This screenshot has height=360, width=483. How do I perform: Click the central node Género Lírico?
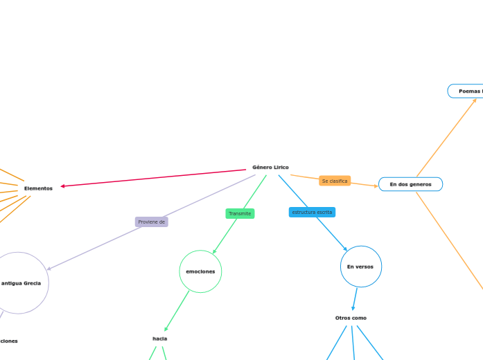[x=270, y=168]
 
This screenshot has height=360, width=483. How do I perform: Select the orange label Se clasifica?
[x=335, y=181]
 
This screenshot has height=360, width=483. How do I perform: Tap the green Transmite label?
[x=240, y=213]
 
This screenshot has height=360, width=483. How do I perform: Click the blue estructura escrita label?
[x=312, y=212]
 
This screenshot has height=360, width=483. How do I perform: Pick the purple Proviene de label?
[x=152, y=222]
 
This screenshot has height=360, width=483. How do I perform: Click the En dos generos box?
[x=410, y=184]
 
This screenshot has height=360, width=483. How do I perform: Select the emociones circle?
[x=200, y=271]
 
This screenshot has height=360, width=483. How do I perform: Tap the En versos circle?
[x=360, y=267]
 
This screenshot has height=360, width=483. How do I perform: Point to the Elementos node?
[x=38, y=188]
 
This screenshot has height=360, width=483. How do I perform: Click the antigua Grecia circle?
[x=21, y=282]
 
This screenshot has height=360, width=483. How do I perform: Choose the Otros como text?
[x=351, y=318]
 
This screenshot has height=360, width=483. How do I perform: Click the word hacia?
[x=159, y=339]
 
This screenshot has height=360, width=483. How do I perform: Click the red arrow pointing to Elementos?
[x=152, y=178]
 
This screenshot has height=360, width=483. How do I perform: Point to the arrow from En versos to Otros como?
[x=355, y=299]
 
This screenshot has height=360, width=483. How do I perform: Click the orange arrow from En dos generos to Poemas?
[x=446, y=138]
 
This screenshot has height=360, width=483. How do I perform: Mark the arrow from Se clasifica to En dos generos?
[x=365, y=185]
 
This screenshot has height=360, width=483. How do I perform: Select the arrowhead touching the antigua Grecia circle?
[x=50, y=268]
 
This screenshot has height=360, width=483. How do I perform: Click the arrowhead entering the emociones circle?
[x=215, y=250]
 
